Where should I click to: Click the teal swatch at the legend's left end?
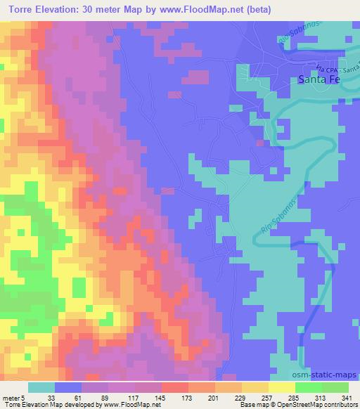coord(41,387)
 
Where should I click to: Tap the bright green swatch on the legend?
coord(309,387)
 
